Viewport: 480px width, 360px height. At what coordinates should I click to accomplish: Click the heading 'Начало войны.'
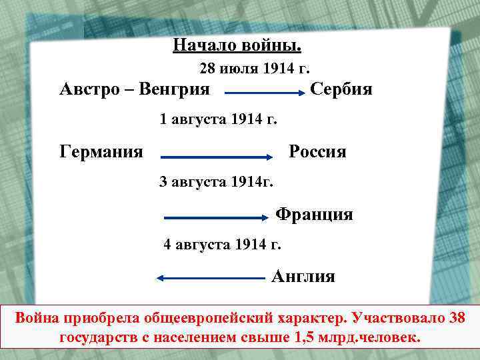point(237,45)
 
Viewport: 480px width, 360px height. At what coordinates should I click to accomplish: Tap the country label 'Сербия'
point(341,89)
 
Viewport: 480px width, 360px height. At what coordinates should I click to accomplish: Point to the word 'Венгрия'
point(175,89)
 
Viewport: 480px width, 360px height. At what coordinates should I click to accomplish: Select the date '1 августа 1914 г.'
point(219,120)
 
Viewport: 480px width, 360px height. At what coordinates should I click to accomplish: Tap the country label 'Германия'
point(101,151)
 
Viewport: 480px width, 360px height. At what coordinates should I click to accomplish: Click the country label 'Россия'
point(317,151)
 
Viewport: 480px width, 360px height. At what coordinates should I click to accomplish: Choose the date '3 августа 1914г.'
point(217,181)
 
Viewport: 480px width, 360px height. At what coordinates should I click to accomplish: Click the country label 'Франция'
point(314,215)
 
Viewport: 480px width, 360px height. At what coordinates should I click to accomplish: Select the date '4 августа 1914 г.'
point(223,245)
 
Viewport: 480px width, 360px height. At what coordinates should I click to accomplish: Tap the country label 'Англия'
point(303,276)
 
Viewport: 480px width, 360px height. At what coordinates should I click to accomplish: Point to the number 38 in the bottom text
point(457,317)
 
